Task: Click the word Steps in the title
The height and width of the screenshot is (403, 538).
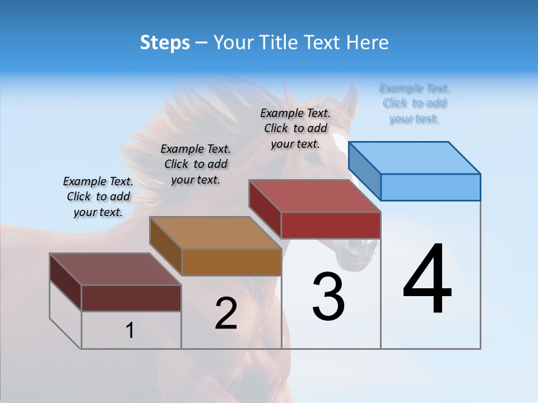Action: tap(165, 43)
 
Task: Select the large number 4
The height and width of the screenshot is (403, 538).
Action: tap(428, 280)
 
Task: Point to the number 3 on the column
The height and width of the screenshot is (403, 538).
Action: tap(328, 297)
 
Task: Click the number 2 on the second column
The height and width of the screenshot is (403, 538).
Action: tap(226, 313)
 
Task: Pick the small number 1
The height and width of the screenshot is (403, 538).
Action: tap(130, 331)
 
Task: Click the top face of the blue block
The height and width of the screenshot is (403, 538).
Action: tap(415, 158)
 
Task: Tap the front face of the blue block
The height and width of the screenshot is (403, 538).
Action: tap(430, 187)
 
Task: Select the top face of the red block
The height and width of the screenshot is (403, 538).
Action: tap(315, 196)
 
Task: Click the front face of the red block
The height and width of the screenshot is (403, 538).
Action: tap(331, 225)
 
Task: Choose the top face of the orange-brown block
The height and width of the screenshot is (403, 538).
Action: tap(215, 233)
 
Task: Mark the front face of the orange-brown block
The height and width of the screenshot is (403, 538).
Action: tap(231, 262)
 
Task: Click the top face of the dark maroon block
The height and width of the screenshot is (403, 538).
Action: tap(115, 269)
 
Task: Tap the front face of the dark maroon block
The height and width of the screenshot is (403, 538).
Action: tap(131, 298)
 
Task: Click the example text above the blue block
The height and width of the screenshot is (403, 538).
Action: tap(415, 103)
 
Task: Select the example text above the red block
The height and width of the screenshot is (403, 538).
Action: tap(296, 128)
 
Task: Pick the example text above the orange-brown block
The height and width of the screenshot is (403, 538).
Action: tap(196, 164)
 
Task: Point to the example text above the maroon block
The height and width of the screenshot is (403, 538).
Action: tap(98, 196)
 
